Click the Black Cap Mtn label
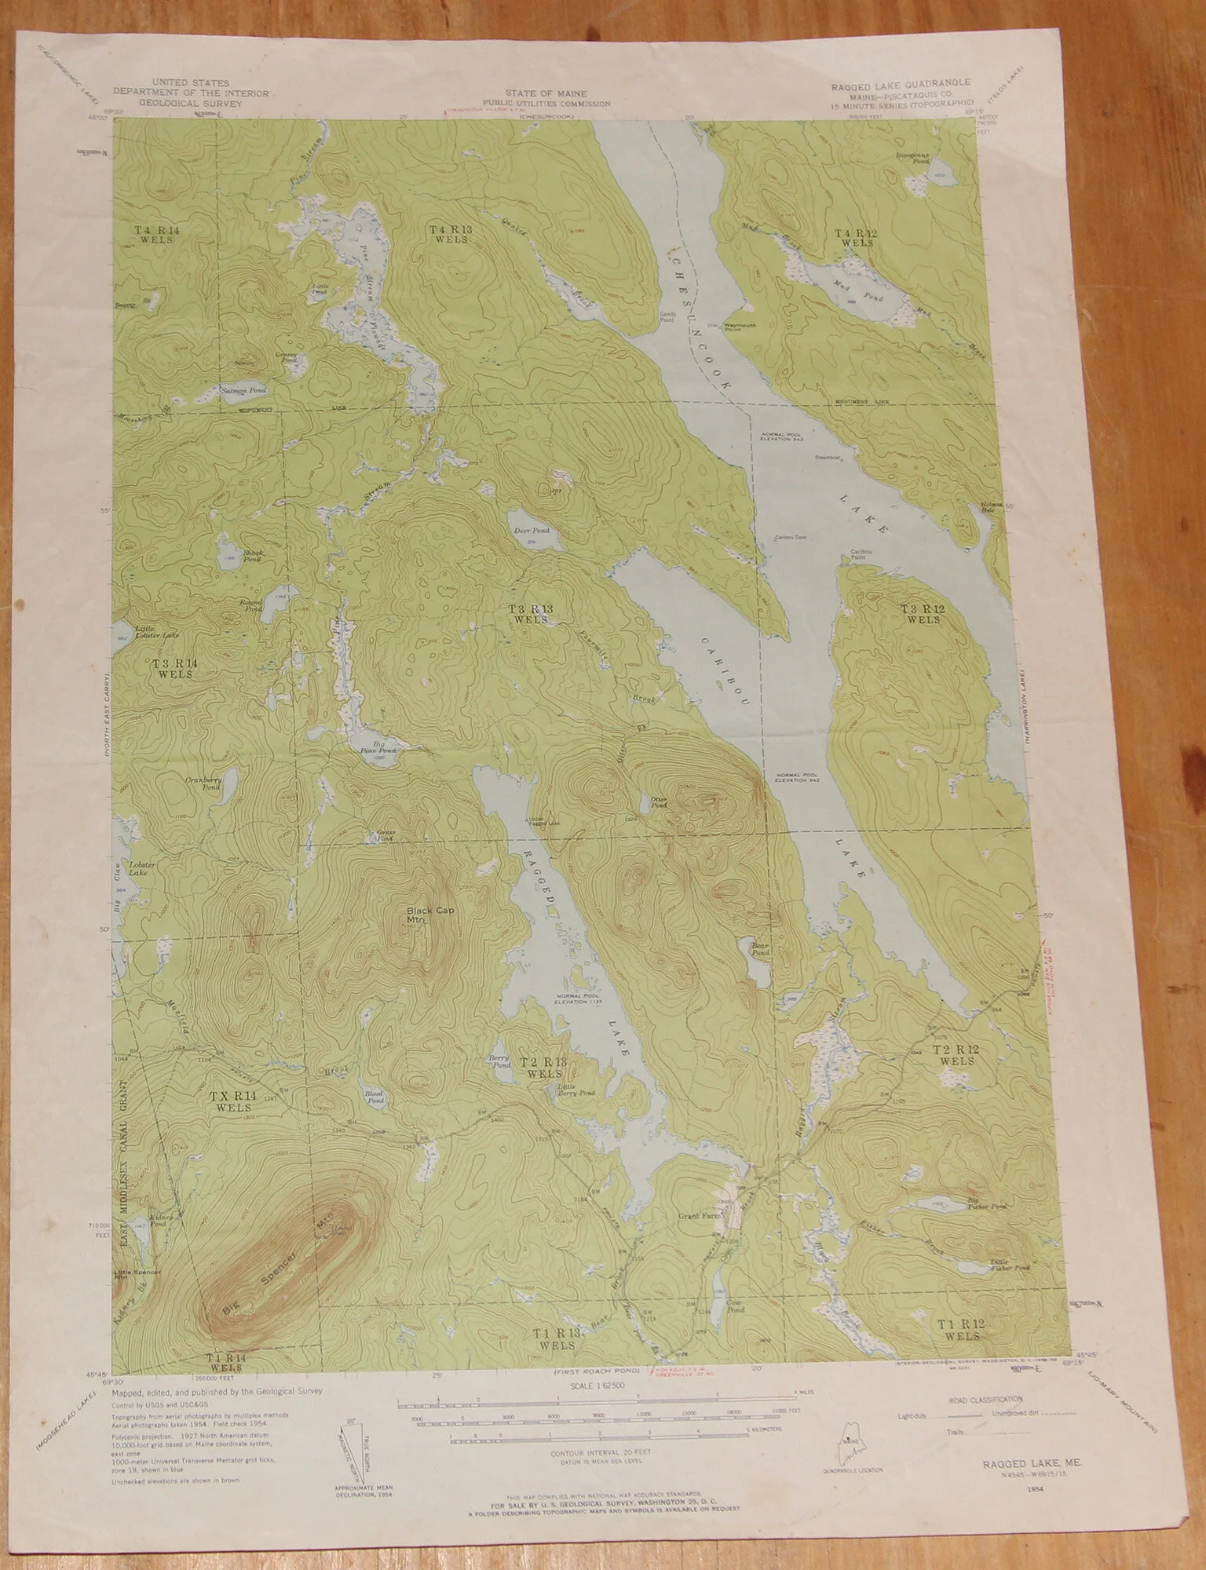(x=422, y=916)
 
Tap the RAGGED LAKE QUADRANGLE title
(x=900, y=83)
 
